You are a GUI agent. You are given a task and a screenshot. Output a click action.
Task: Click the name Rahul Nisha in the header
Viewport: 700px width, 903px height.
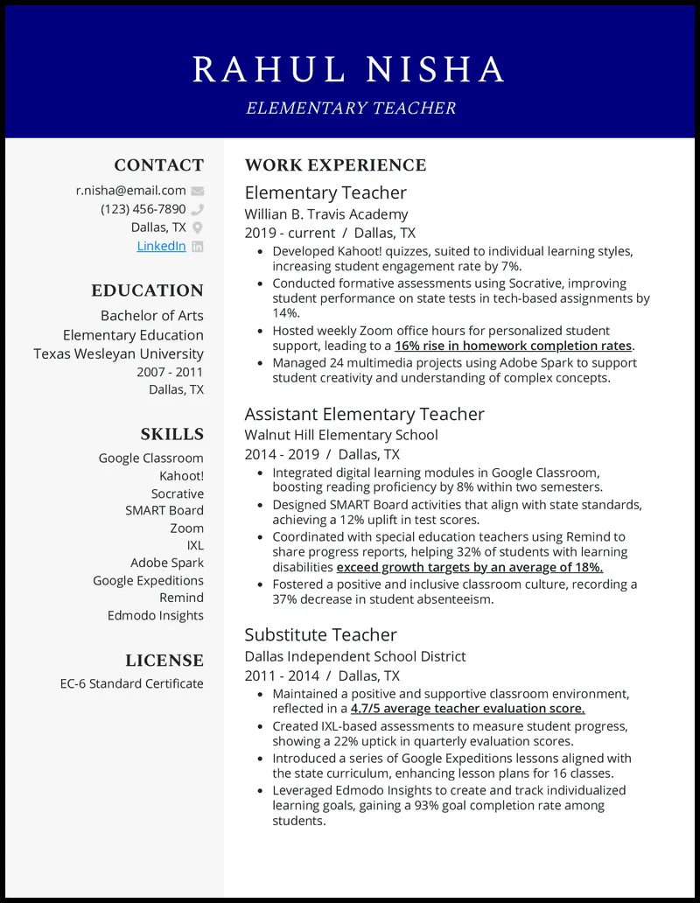(350, 70)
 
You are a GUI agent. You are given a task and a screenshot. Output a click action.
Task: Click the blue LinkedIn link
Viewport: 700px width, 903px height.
(161, 246)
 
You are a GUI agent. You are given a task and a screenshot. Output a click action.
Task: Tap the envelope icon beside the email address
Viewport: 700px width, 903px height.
(198, 191)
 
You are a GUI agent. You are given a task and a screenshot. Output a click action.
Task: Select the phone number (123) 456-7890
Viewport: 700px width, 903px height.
(143, 209)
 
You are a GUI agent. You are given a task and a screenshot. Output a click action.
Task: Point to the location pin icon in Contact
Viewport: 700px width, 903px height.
(198, 227)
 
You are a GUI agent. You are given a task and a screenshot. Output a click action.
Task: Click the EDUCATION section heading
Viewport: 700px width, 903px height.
(147, 290)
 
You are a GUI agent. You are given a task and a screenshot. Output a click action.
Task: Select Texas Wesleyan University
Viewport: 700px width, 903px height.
(118, 353)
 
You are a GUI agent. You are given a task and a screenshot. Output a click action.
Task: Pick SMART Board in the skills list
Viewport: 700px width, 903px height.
(164, 510)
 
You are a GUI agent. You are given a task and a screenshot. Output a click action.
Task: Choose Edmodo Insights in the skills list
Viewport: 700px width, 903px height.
(155, 615)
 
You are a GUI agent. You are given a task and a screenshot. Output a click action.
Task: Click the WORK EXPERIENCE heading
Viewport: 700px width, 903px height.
(335, 165)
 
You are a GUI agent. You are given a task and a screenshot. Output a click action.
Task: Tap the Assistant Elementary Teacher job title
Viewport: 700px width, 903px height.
(364, 414)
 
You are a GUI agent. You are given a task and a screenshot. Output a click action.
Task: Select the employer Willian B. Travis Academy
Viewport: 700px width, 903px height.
(325, 213)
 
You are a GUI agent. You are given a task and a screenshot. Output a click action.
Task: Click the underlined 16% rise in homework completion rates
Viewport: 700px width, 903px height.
(514, 346)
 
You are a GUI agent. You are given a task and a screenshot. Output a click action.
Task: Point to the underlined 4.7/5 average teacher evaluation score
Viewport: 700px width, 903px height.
(467, 709)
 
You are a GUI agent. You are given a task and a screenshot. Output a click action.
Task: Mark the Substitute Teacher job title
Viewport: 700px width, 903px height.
(320, 635)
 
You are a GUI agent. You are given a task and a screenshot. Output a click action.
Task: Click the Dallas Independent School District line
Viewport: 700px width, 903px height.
(354, 656)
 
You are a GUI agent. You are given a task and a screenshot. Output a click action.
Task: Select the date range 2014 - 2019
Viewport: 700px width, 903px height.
(281, 454)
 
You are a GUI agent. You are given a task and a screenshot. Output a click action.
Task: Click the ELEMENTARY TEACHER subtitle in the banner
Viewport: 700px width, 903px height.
(350, 108)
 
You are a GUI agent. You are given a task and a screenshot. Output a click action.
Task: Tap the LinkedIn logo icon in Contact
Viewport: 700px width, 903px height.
(198, 247)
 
